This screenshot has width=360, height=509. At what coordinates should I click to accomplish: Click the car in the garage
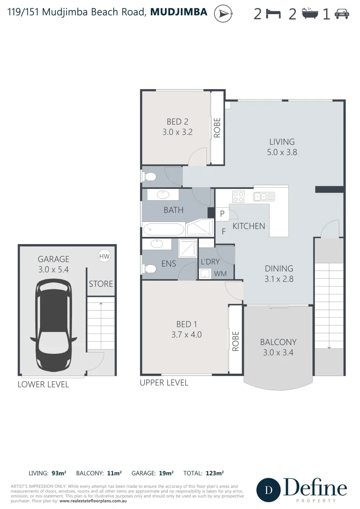coord(54,326)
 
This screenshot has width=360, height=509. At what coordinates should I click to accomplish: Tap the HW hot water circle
coord(104,256)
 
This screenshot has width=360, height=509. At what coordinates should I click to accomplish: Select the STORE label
coord(101,284)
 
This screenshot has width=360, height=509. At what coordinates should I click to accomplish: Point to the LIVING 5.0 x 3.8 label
coord(282,147)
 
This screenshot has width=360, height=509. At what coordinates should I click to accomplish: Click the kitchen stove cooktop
coord(238,196)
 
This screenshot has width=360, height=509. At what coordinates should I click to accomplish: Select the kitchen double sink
coord(261,196)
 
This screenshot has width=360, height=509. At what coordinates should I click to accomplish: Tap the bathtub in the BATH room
coord(164,230)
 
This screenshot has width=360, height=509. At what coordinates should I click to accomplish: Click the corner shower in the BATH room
coord(199,228)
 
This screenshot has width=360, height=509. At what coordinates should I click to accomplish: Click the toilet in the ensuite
coord(149,269)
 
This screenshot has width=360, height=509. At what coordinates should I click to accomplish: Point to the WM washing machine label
coord(220,274)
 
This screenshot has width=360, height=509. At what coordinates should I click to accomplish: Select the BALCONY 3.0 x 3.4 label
coord(278,347)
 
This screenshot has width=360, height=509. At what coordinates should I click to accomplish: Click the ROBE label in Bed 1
coord(236,341)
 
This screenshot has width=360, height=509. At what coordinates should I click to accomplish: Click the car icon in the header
coord(342,15)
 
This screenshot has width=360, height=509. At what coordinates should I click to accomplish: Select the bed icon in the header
coord(273,15)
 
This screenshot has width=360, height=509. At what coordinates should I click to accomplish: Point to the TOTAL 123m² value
coord(214,473)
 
